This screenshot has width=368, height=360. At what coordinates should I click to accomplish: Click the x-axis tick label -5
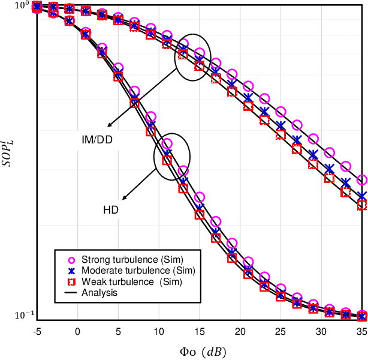click(37, 331)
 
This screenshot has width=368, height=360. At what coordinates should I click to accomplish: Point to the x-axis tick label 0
click(77, 331)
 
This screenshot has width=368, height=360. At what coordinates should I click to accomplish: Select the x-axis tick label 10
click(158, 331)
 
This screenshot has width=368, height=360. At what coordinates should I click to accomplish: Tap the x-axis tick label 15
click(199, 331)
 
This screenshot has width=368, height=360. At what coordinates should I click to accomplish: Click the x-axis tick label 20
click(240, 331)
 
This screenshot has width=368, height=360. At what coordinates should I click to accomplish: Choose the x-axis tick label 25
click(280, 331)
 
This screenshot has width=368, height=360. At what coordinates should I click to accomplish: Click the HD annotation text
click(110, 210)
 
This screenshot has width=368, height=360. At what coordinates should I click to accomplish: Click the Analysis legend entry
click(99, 292)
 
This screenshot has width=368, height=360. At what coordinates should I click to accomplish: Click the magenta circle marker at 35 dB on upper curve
click(361, 180)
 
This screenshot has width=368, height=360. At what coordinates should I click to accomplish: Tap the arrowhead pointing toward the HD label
click(123, 199)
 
